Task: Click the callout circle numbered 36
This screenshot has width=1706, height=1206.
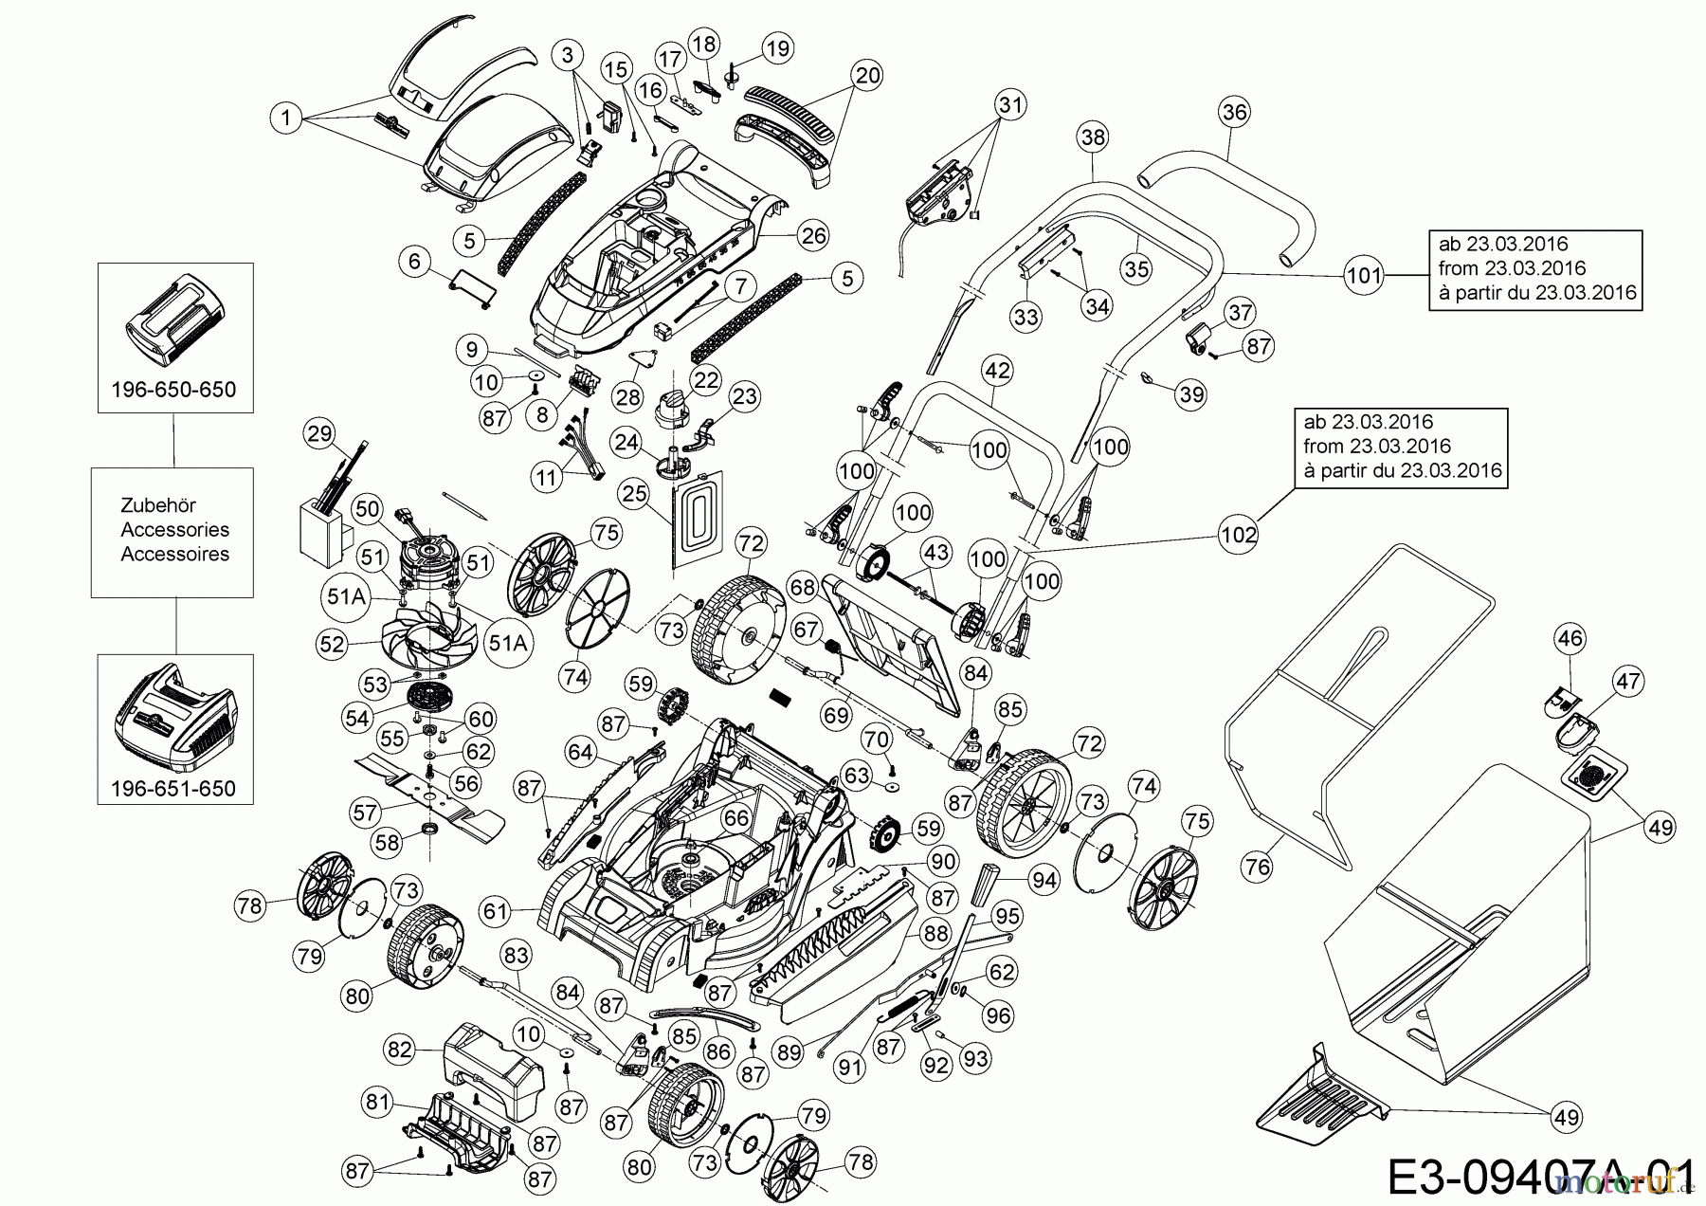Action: point(1235,112)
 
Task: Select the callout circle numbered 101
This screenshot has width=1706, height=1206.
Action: point(1364,276)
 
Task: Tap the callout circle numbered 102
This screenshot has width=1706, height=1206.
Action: point(1239,535)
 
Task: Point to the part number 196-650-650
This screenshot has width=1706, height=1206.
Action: point(175,390)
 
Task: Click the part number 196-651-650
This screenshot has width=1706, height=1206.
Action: point(175,788)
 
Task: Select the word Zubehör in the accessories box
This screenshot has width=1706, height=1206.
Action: point(158,505)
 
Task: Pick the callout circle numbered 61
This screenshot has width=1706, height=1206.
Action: point(496,912)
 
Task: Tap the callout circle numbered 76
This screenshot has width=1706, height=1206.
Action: point(1258,867)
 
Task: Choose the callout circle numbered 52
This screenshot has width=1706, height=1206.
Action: point(333,644)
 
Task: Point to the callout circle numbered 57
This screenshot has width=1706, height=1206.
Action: point(366,812)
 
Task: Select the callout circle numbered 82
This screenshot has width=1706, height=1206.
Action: point(401,1050)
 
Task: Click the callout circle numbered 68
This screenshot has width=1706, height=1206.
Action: point(803,588)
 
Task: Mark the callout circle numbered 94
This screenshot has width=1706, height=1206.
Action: point(1044,882)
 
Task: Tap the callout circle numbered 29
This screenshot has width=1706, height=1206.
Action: point(320,434)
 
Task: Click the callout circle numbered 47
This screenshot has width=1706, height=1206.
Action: point(1628,681)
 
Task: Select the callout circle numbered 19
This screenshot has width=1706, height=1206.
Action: point(777,48)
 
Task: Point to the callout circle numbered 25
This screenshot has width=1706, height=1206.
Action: point(636,492)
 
